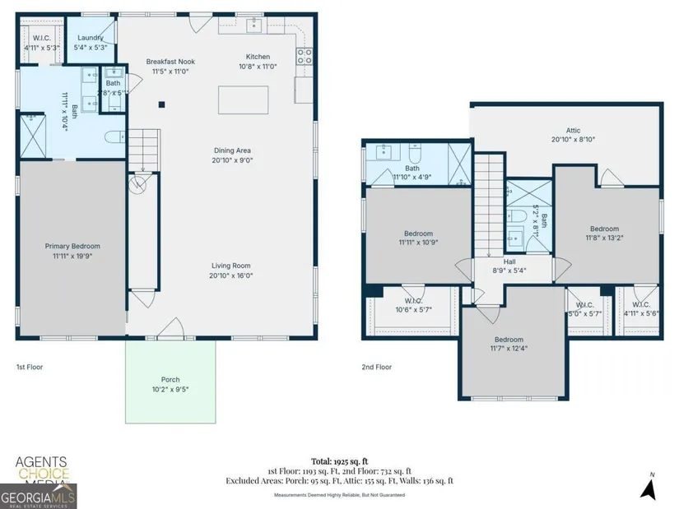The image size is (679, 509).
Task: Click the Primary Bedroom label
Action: click(x=72, y=246)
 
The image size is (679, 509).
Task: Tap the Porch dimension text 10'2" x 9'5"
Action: click(x=170, y=390)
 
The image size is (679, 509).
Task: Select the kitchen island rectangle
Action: click(x=243, y=100)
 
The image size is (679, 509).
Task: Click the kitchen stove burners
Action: click(x=305, y=56)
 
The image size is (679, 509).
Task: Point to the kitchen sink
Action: click(x=254, y=25)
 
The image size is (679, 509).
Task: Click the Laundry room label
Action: click(x=90, y=38)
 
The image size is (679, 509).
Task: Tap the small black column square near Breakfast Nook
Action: click(x=161, y=104)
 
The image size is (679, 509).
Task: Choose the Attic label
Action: click(x=573, y=130)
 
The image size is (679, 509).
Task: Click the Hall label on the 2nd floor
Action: click(x=509, y=261)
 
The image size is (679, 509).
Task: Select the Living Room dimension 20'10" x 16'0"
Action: click(x=230, y=275)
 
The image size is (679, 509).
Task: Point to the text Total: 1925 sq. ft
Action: click(x=339, y=461)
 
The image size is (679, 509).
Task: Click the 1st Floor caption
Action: click(x=30, y=367)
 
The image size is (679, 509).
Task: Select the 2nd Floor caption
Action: click(x=377, y=367)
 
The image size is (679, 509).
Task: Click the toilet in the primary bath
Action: click(x=114, y=137)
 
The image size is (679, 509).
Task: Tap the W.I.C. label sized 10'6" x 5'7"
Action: click(x=413, y=305)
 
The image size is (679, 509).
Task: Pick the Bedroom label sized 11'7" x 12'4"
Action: click(x=509, y=344)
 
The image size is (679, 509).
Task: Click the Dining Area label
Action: click(x=232, y=150)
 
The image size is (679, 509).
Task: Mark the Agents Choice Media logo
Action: click(x=42, y=470)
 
